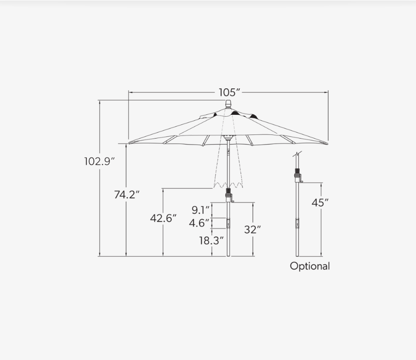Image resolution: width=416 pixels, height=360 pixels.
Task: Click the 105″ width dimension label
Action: coord(229,92)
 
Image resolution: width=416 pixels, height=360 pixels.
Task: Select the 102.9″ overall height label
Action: coord(99,161)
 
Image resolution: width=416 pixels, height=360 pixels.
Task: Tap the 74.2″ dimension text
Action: coord(127,194)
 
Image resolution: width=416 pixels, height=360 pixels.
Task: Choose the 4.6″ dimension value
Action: coord(199,223)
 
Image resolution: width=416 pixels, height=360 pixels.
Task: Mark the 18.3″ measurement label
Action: coord(211,241)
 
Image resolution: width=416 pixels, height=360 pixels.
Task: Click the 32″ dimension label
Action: coord(253,230)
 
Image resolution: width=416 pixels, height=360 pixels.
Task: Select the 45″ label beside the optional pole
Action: coord(320,203)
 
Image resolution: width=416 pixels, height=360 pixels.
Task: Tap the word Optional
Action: coord(310,266)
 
